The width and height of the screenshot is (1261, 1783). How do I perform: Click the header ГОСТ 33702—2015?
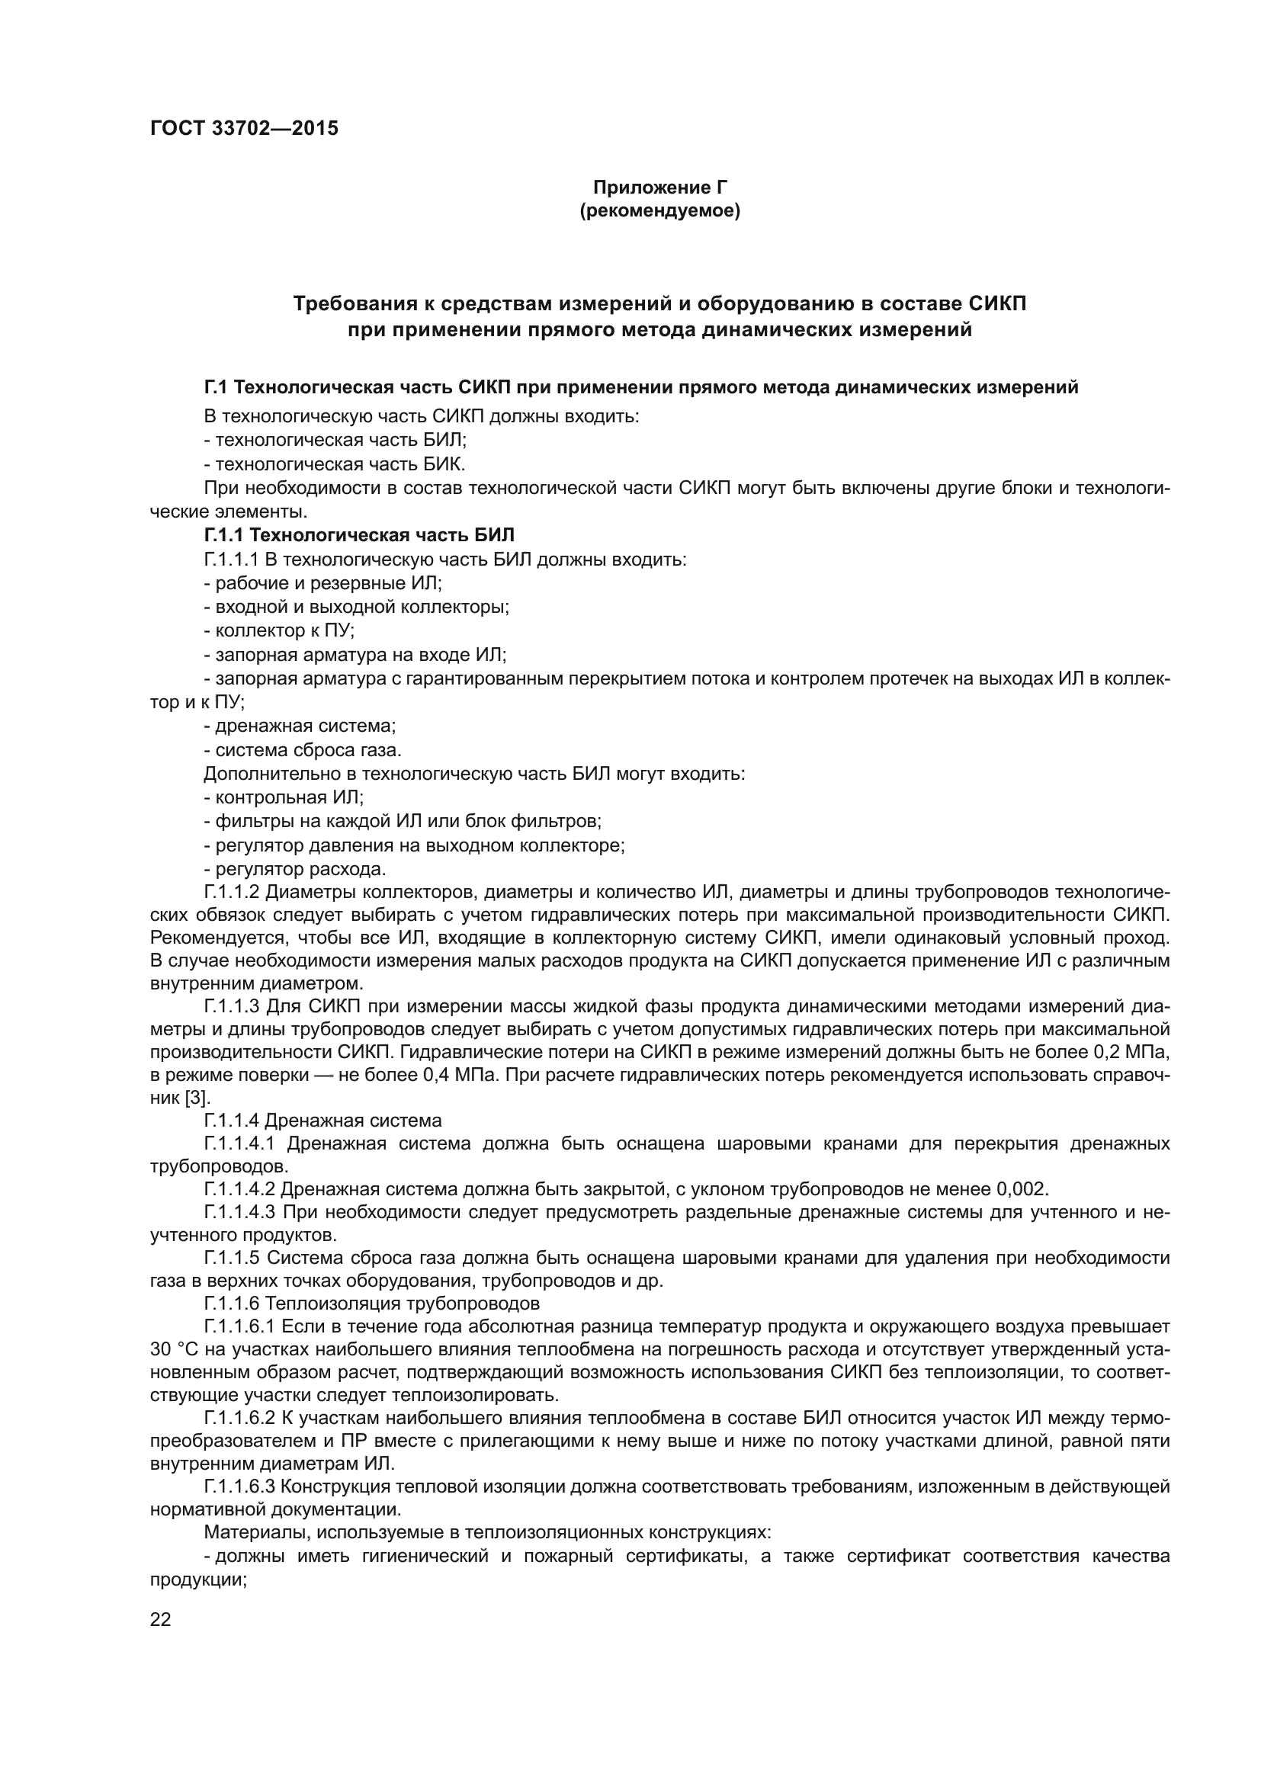coord(244,128)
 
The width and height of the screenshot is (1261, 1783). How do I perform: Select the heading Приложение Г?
coord(660,188)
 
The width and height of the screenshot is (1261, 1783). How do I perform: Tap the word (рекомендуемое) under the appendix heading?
coord(660,210)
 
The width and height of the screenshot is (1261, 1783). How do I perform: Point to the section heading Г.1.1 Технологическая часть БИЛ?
coord(359,535)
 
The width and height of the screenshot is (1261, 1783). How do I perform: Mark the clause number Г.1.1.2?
coord(232,892)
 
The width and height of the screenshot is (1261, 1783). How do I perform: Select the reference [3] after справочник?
coord(196,1098)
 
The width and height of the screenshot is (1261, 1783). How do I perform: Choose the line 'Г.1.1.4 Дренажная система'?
coord(322,1121)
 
